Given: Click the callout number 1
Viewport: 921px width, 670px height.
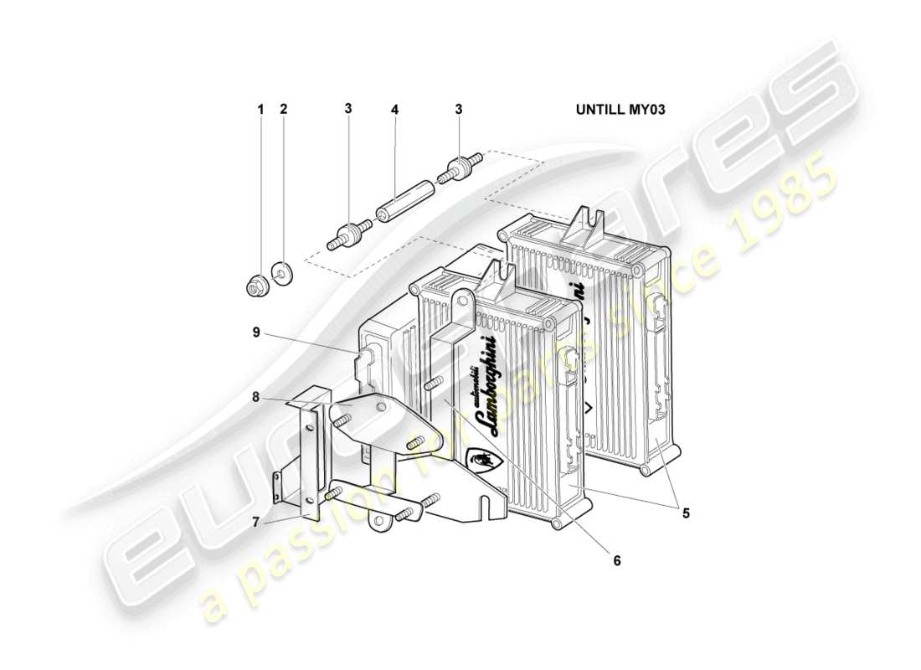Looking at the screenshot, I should pos(260,109).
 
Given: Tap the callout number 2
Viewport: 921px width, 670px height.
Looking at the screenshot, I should pos(283,109).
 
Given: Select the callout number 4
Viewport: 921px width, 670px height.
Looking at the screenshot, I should pos(394,109).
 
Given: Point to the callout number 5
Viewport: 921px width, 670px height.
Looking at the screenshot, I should pos(685,513).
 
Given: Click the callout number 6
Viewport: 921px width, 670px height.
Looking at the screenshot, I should pos(617,560).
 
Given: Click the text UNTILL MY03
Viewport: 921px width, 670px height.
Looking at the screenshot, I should pos(620,109).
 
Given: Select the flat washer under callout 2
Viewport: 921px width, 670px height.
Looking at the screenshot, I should pos(282,272).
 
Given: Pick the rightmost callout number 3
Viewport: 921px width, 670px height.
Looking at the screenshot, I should pos(458,109).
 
